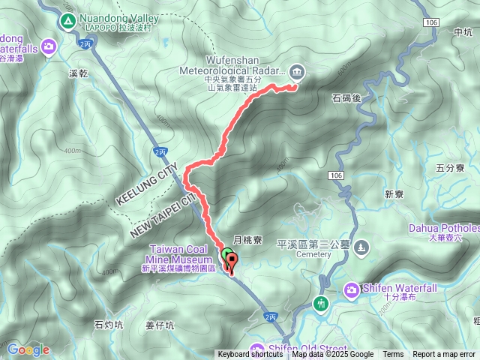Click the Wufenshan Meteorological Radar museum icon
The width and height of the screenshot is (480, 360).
pyautogui.click(x=297, y=72)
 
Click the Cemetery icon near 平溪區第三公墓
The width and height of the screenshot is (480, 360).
pyautogui.click(x=362, y=247)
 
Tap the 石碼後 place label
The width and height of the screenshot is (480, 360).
pyautogui.click(x=346, y=97)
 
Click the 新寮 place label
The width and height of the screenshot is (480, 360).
pyautogui.click(x=394, y=194)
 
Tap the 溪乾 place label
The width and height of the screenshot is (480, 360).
pyautogui.click(x=78, y=73)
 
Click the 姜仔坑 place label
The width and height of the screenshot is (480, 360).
pyautogui.click(x=160, y=325)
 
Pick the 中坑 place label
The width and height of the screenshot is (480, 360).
pyautogui.click(x=463, y=32)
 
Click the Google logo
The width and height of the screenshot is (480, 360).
pyautogui.click(x=28, y=349)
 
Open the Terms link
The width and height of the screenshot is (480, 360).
pyautogui.click(x=393, y=355)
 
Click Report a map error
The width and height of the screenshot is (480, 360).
pyautogui.click(x=444, y=355)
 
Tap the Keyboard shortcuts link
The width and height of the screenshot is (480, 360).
pyautogui.click(x=250, y=355)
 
